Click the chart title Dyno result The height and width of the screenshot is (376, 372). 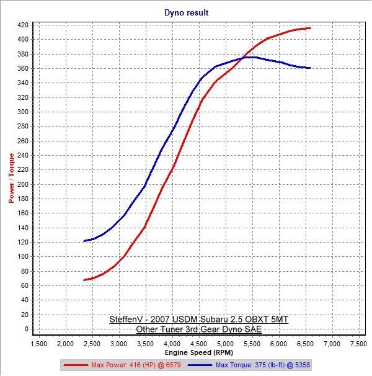click(186, 12)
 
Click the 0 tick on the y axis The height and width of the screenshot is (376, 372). click(27, 329)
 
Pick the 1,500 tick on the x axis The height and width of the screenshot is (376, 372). click(38, 343)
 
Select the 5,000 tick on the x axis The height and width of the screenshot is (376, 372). click(225, 343)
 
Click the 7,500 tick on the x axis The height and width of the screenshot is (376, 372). click(358, 343)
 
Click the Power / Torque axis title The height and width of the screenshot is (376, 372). click(11, 178)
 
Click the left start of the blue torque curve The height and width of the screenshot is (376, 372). click(84, 241)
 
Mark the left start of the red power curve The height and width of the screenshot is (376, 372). click(84, 280)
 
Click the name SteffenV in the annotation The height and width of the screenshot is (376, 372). click(125, 320)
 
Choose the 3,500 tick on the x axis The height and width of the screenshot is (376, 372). click(145, 343)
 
